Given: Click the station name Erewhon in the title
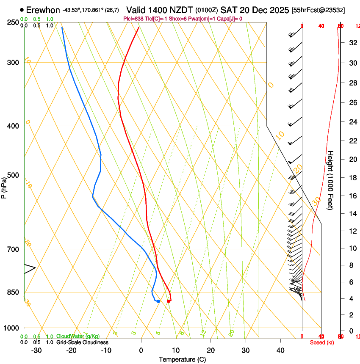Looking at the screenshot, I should (x=43, y=10).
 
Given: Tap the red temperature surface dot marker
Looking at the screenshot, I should (x=169, y=301).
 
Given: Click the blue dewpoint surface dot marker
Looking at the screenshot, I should (x=158, y=301).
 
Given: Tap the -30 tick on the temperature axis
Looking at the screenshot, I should (x=36, y=350).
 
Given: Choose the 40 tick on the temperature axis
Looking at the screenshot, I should (x=280, y=350).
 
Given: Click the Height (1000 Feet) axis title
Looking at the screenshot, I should (x=331, y=180).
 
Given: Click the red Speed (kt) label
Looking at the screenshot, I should (x=322, y=342).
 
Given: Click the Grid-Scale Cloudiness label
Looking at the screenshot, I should (x=82, y=342).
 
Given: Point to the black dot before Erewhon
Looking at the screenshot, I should (x=22, y=10).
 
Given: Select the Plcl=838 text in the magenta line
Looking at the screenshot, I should (x=133, y=19).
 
